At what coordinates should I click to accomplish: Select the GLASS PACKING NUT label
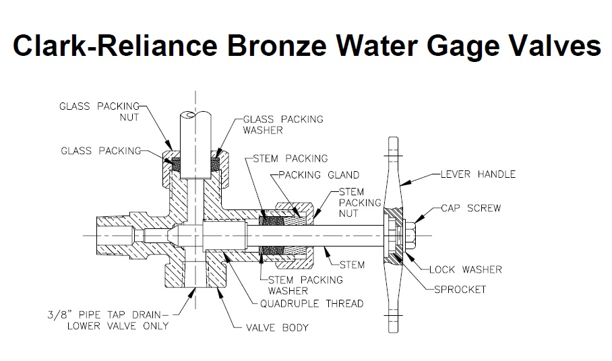100,111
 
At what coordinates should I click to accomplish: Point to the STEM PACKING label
290,159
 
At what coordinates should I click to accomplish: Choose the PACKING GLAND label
317,175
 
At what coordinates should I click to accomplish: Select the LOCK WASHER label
466,269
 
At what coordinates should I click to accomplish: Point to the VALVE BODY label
277,328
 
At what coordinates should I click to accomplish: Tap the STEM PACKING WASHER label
305,286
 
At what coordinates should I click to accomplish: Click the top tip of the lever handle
392,139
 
